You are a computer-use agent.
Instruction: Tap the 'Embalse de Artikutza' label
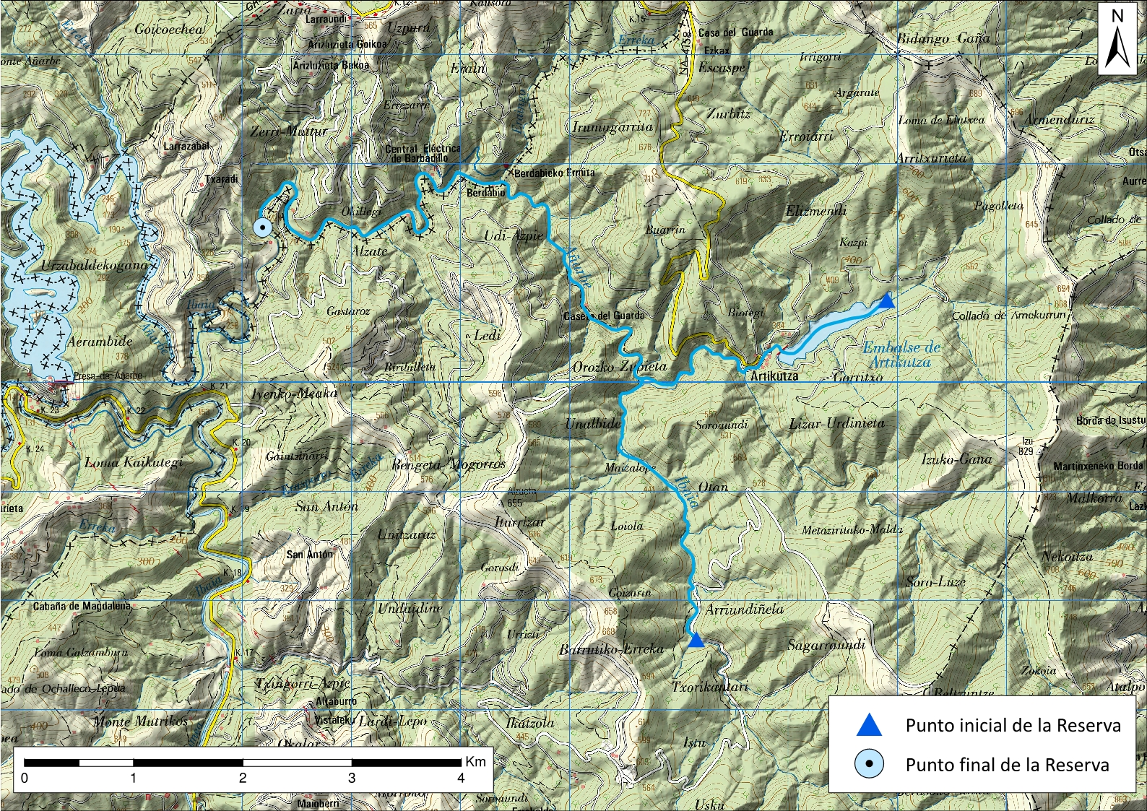tap(901, 355)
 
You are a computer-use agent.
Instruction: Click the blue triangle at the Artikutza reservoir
tap(888, 300)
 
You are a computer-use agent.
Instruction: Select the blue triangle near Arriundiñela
tap(696, 641)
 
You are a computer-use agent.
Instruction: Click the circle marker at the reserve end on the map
tap(263, 227)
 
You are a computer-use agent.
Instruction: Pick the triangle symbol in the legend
tap(868, 726)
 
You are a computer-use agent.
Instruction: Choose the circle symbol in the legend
tap(868, 764)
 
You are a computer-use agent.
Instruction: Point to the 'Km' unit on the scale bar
tap(475, 761)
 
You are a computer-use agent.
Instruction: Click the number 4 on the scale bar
tap(461, 778)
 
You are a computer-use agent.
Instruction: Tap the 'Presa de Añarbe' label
tap(108, 376)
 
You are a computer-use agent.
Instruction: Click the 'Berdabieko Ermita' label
tap(555, 173)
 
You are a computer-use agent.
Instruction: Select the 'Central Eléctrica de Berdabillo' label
tap(423, 153)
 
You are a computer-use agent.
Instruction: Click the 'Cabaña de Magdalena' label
tap(82, 606)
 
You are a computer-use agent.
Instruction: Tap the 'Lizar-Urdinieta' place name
tap(836, 423)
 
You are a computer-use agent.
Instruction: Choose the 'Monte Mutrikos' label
tap(141, 721)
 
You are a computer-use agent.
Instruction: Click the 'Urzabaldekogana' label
tap(94, 265)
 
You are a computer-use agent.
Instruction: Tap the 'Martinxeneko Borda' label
tap(1098, 466)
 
